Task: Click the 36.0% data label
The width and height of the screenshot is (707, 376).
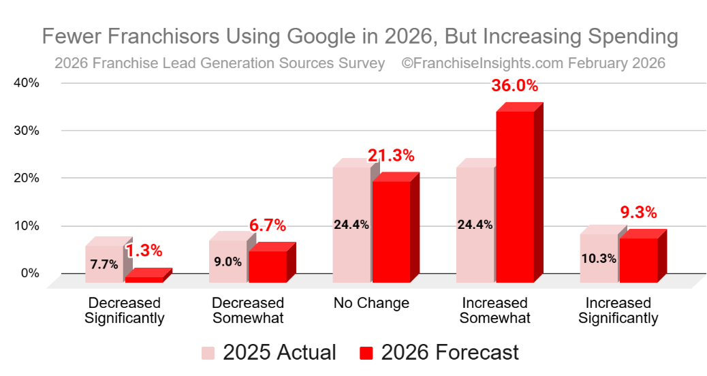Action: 514,87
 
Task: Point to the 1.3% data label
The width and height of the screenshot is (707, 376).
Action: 144,251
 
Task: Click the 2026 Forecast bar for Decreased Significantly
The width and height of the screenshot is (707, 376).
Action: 144,279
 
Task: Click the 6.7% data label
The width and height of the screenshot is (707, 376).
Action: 267,225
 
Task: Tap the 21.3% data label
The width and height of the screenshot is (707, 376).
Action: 391,155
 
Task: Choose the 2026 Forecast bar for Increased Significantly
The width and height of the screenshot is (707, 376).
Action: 638,260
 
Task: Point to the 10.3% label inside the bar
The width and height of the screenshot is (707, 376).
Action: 599,258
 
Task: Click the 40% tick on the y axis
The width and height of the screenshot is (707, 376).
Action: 27,83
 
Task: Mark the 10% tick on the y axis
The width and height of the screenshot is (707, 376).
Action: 27,225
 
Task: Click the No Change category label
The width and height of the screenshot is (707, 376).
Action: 371,303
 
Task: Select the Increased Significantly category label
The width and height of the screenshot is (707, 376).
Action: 618,311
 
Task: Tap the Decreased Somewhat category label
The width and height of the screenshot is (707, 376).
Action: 248,311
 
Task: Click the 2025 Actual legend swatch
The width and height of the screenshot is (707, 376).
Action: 208,353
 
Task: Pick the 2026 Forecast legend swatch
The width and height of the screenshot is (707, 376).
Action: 366,353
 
